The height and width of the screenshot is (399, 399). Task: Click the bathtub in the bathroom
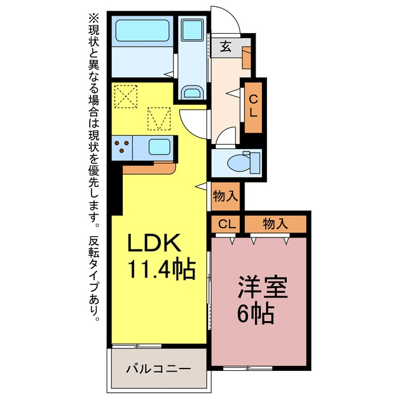tap(143, 31)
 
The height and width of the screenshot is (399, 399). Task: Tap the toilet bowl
tap(239, 163)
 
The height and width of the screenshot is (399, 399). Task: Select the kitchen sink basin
tap(160, 147)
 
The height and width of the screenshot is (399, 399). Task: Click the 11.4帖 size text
tap(161, 270)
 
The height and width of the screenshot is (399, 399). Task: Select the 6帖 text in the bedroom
tap(256, 314)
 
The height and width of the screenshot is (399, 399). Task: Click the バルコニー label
tap(158, 368)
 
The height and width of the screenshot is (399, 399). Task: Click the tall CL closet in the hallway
tap(253, 107)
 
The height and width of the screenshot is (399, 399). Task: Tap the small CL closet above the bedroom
tap(226, 224)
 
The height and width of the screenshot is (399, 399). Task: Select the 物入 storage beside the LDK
tap(226, 196)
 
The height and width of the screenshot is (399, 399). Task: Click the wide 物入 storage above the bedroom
tap(276, 224)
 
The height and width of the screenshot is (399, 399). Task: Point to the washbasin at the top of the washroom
tap(193, 31)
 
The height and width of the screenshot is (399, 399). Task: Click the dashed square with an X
tap(126, 97)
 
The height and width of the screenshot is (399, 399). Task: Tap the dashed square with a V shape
tap(159, 118)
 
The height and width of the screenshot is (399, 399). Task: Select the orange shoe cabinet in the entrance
tap(247, 58)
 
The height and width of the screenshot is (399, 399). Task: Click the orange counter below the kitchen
tap(150, 168)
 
